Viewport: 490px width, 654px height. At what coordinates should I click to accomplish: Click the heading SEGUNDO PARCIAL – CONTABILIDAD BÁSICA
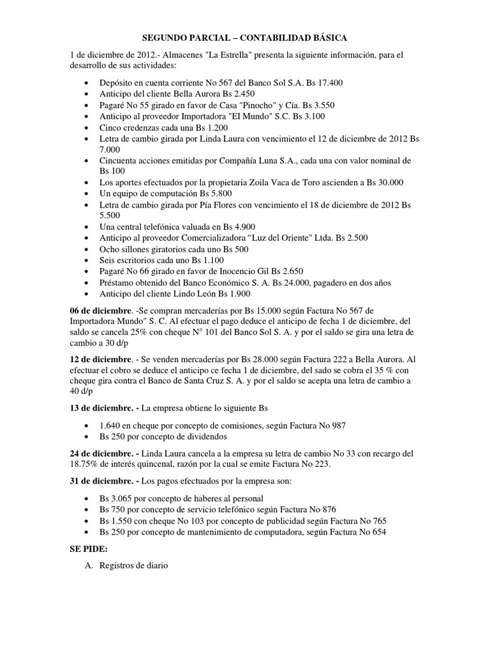pyautogui.click(x=244, y=38)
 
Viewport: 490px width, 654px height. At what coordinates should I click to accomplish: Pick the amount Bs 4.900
pyautogui.click(x=237, y=227)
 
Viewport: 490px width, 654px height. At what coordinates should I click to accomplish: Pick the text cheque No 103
pyautogui.click(x=175, y=521)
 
